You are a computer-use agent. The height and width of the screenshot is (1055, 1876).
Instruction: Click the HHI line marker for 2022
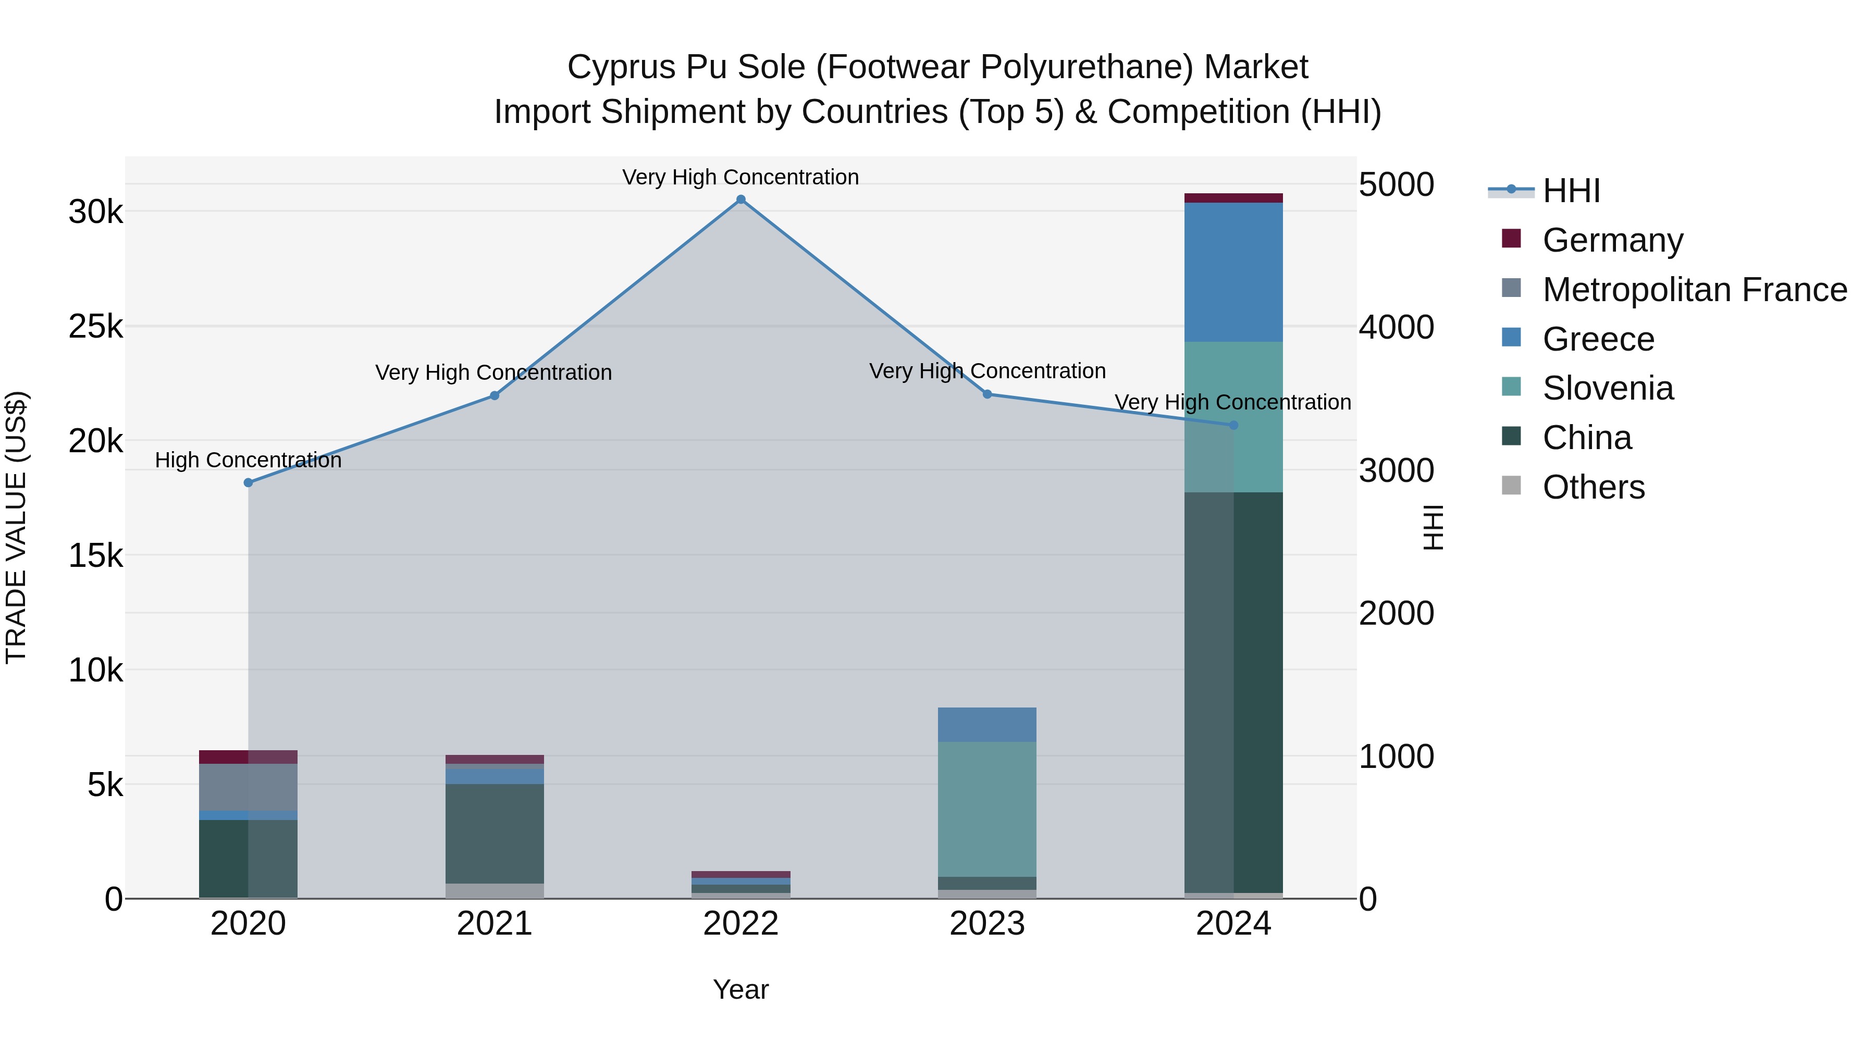(x=740, y=200)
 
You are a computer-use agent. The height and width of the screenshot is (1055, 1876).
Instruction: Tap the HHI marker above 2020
(x=249, y=483)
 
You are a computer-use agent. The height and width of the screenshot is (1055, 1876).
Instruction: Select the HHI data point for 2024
(x=1233, y=425)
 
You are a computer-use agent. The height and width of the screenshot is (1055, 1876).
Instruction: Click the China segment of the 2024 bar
(x=1233, y=692)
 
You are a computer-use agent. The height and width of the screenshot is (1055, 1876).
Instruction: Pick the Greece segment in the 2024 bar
(x=1233, y=272)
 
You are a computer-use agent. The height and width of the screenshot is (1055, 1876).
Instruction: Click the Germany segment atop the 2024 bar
(x=1233, y=198)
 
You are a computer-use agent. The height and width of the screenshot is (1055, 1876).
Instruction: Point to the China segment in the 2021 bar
(x=495, y=834)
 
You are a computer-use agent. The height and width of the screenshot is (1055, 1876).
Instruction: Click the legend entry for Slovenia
(x=1608, y=388)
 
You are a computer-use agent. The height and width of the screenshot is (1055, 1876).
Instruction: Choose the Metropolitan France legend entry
(x=1694, y=290)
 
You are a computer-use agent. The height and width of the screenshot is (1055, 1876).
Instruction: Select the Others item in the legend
(x=1594, y=487)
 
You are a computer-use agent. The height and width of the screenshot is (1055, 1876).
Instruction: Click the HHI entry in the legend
(x=1571, y=191)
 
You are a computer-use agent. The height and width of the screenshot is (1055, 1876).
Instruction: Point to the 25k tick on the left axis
(x=96, y=327)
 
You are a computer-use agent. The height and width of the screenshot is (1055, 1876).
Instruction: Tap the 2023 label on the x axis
(x=987, y=924)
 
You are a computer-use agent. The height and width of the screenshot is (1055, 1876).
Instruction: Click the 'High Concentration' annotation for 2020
(x=249, y=460)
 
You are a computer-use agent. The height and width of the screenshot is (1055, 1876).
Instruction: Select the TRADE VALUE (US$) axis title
(x=16, y=527)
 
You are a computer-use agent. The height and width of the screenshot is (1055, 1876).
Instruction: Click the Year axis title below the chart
(x=740, y=989)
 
